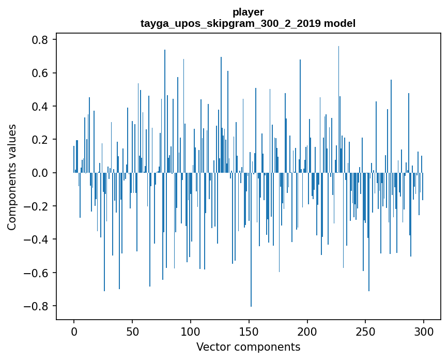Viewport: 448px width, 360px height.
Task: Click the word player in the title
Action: coord(248,12)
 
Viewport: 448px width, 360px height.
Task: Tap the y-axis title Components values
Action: coord(12,177)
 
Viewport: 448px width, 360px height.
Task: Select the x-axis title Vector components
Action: coord(248,347)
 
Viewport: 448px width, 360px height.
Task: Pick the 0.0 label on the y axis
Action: coord(41,173)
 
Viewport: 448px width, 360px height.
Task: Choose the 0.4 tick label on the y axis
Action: coord(41,107)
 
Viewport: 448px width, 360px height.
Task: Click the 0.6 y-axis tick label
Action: coord(41,73)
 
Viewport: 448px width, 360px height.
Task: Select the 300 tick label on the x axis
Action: coord(424,331)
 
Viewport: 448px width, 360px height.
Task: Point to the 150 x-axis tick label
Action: coord(249,331)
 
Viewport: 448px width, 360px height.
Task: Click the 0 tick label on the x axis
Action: coord(74,331)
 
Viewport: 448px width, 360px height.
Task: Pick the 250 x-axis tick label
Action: coord(365,331)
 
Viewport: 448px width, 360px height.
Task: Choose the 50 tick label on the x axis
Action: coord(132,331)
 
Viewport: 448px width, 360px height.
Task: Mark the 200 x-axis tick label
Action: coord(307,331)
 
